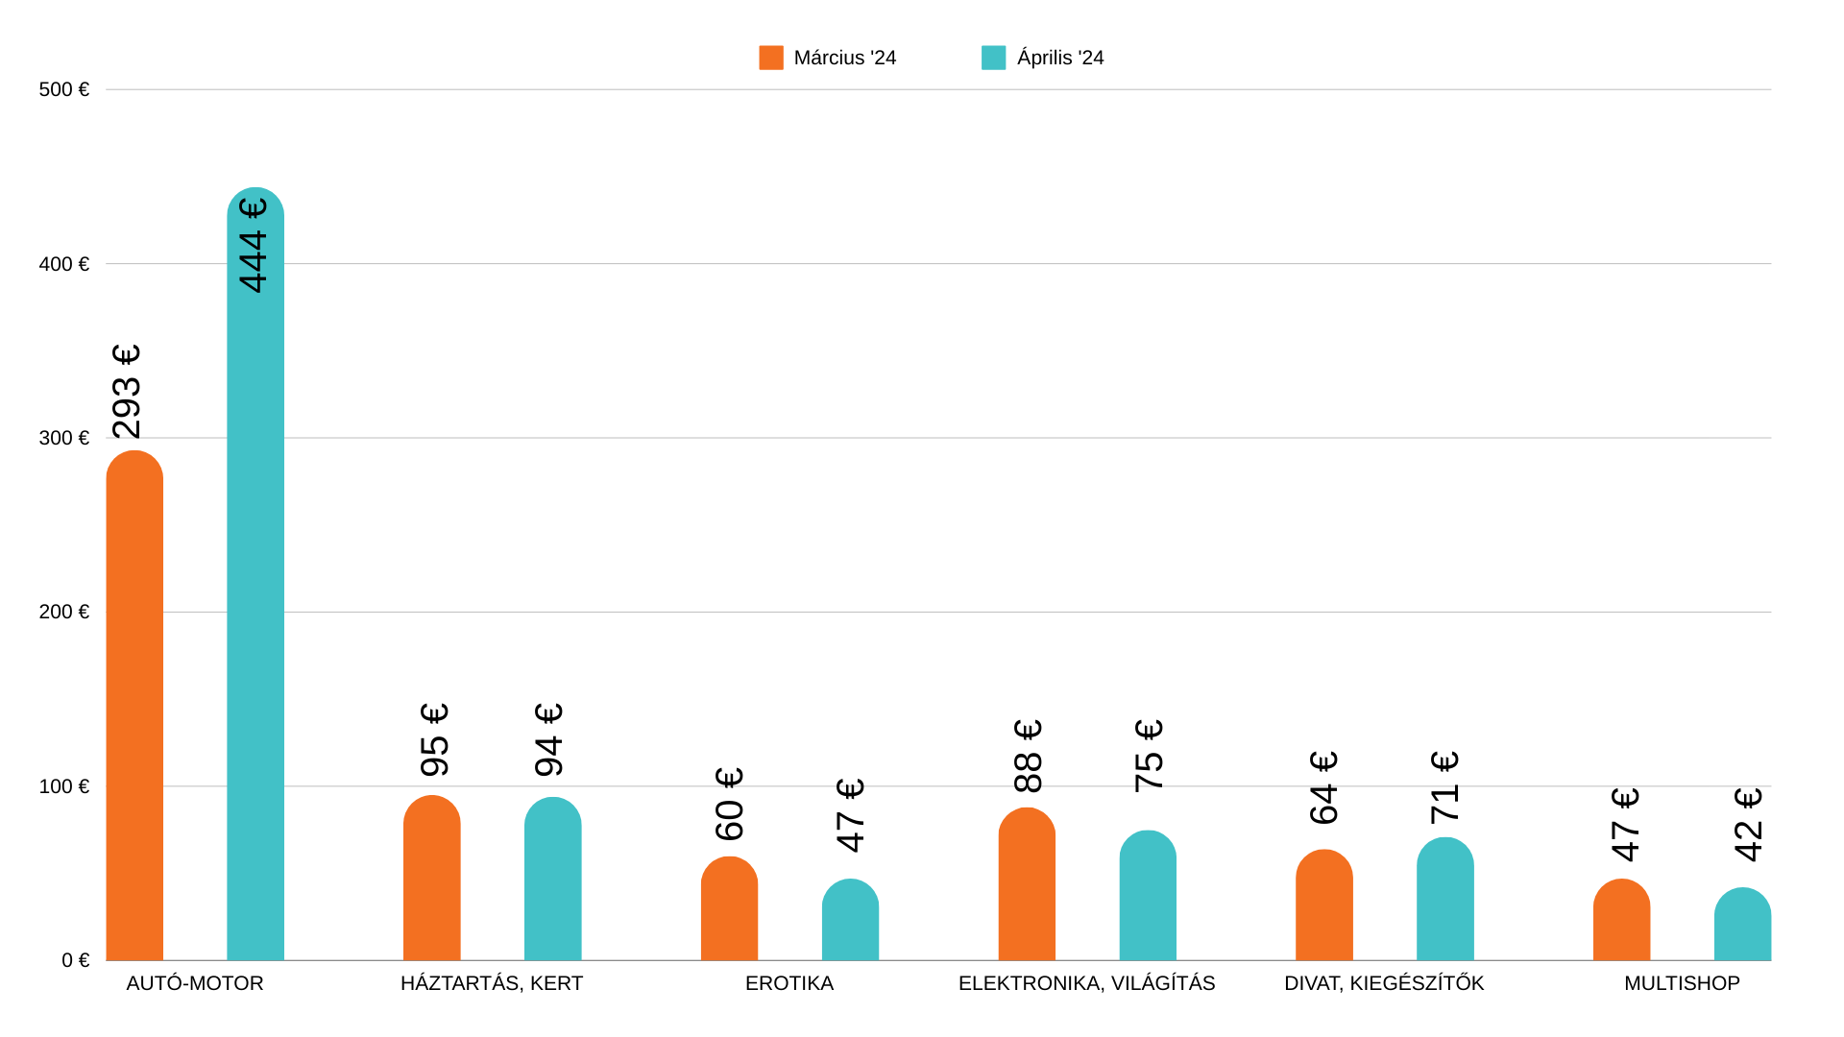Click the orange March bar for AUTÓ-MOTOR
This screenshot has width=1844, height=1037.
(x=134, y=706)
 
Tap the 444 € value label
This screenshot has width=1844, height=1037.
(x=254, y=245)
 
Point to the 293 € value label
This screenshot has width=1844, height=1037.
(x=127, y=392)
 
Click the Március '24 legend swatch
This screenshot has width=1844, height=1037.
(x=771, y=58)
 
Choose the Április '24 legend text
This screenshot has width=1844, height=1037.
(x=1060, y=58)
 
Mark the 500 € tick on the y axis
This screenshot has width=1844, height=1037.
(x=63, y=89)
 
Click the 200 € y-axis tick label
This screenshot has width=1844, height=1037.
(x=63, y=612)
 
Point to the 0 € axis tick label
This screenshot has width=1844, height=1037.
(x=75, y=960)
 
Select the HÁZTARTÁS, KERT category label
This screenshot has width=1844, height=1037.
(x=492, y=983)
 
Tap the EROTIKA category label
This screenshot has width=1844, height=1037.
(x=789, y=983)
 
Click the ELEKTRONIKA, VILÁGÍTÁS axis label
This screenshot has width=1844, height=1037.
(x=1086, y=983)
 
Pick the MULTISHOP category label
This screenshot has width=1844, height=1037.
(x=1682, y=983)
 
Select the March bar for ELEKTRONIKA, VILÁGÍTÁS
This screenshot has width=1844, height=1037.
(x=1027, y=884)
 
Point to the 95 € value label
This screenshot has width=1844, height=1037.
(x=435, y=740)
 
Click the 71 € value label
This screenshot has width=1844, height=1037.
(x=1445, y=787)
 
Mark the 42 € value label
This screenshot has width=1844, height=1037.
(x=1749, y=825)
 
